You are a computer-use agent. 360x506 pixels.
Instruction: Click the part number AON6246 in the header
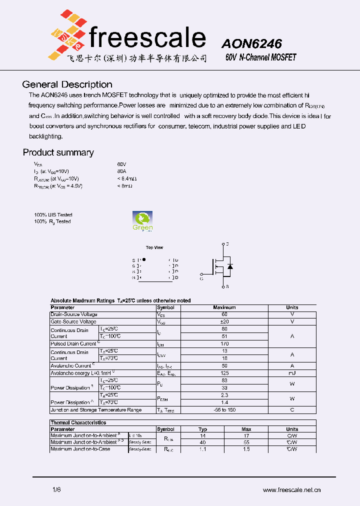click(251, 43)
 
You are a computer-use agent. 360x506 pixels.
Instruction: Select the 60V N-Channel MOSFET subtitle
click(260, 57)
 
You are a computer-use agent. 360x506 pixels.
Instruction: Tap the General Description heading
click(67, 84)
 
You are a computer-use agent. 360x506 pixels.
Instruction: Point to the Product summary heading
click(58, 152)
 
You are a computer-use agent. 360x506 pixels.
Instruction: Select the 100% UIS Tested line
click(53, 215)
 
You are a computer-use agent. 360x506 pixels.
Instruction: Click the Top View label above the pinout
click(154, 247)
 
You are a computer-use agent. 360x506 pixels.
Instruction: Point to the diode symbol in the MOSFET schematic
click(229, 266)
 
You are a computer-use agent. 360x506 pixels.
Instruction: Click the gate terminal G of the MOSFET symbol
click(201, 274)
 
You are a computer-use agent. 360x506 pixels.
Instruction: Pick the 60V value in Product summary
click(122, 164)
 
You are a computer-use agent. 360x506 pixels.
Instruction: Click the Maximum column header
click(224, 307)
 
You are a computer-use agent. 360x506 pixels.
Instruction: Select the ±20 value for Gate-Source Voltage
click(224, 321)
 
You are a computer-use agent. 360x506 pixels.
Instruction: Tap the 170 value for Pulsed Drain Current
click(224, 344)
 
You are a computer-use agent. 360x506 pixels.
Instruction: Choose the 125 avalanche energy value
click(224, 373)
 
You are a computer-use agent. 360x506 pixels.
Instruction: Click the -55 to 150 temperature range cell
click(224, 410)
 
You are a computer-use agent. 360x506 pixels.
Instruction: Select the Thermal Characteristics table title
click(78, 422)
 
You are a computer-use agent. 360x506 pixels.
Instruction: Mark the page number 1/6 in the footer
click(56, 490)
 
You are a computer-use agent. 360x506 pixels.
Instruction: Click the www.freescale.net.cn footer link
click(291, 490)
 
